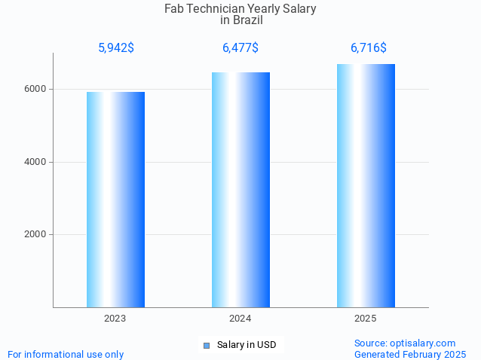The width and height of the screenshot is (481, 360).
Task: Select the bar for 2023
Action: click(x=115, y=200)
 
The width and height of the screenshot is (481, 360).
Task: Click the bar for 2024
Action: click(x=240, y=190)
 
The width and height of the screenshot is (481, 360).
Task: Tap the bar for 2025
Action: click(x=366, y=185)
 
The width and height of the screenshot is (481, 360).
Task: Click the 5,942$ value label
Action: click(x=116, y=48)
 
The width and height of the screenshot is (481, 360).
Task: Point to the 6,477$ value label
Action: click(x=240, y=48)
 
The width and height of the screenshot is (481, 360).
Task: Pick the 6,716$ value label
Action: click(x=368, y=48)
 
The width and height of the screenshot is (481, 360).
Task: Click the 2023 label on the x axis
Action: click(x=115, y=319)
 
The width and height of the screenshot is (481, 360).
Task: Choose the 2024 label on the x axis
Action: click(x=240, y=319)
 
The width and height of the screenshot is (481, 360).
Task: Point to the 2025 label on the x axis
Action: click(x=366, y=319)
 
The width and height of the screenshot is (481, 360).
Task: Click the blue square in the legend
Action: click(x=206, y=346)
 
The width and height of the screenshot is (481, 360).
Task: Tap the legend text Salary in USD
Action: click(x=247, y=345)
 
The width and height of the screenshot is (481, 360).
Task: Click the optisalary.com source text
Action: click(x=405, y=343)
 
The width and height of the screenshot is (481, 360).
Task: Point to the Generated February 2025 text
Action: click(x=410, y=354)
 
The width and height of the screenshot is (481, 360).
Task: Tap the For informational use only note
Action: click(x=66, y=354)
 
